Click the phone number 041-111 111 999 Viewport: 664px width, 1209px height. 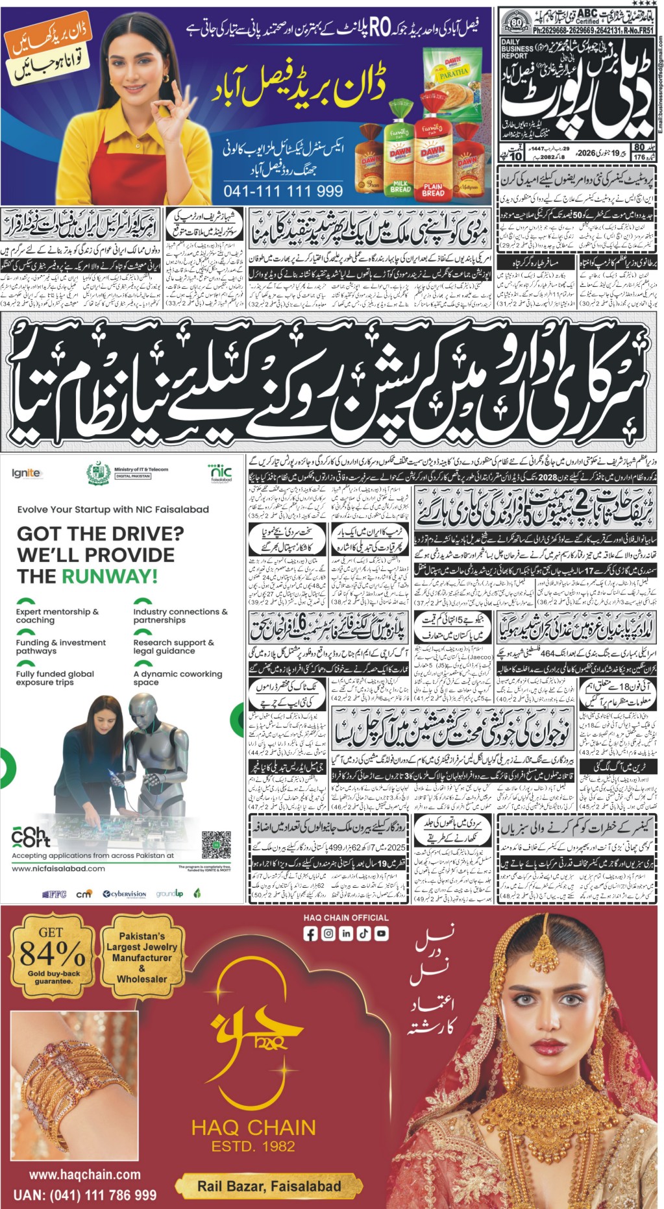(x=283, y=191)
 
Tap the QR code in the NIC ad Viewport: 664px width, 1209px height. (x=216, y=844)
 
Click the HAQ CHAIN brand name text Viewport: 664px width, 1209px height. (x=253, y=1128)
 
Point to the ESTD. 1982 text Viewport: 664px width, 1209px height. (x=253, y=1147)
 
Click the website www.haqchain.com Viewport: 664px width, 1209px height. (x=85, y=1175)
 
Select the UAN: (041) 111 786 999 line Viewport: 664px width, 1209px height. (x=85, y=1195)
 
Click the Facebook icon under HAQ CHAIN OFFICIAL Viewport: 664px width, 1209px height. (x=311, y=934)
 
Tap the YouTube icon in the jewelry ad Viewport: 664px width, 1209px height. (x=381, y=934)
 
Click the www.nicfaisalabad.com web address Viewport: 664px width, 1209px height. (x=58, y=868)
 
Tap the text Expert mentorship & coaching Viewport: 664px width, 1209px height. (x=57, y=615)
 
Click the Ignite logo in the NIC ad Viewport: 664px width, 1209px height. (x=26, y=473)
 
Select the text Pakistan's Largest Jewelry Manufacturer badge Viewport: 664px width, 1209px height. (x=142, y=957)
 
